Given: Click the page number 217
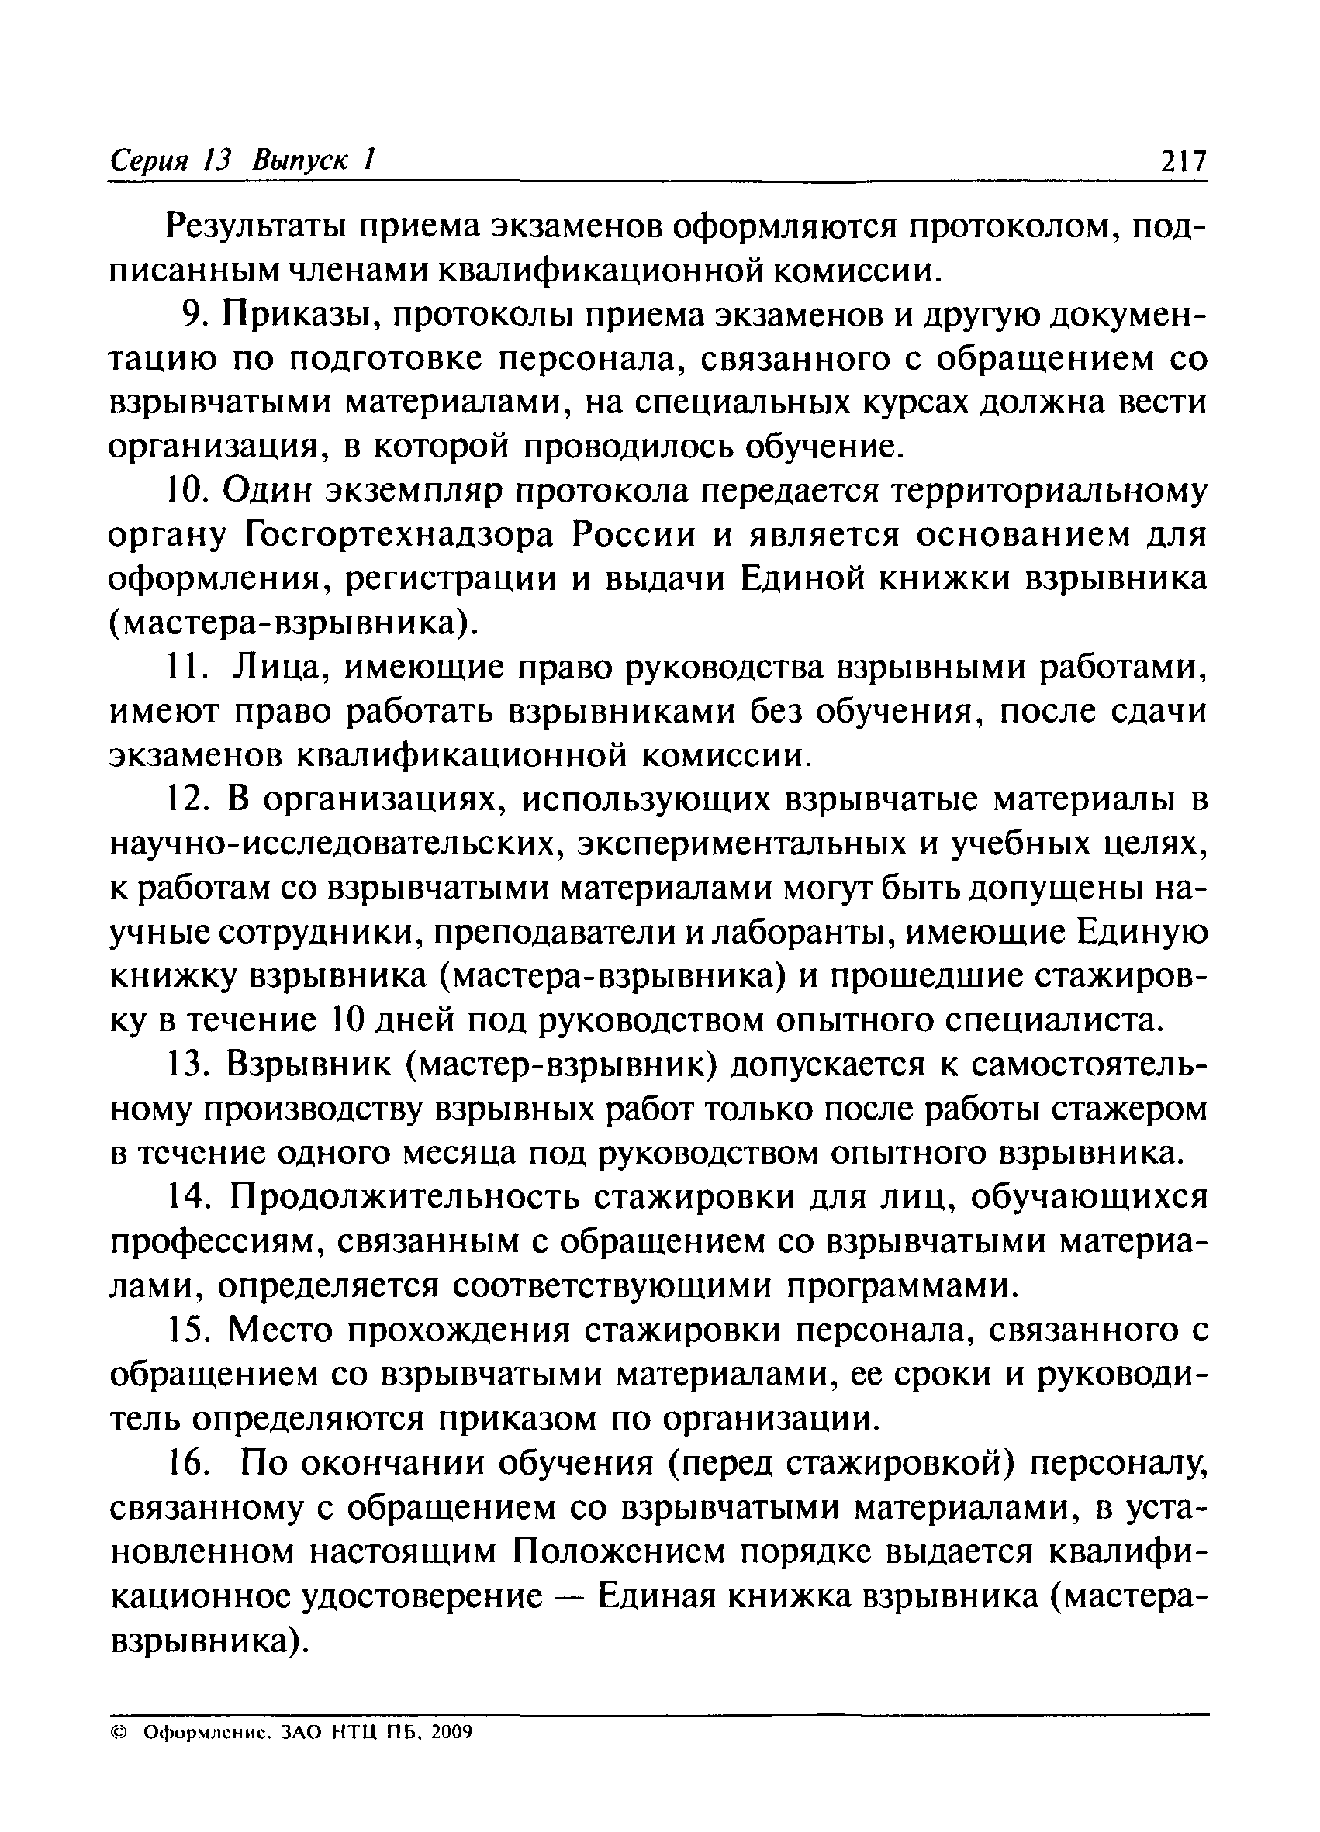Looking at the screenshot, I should click(x=1182, y=161).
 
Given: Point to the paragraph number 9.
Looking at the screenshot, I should click(x=195, y=316).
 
